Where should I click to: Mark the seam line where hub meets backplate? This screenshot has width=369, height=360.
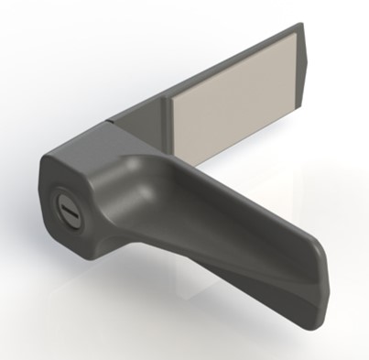click(x=112, y=121)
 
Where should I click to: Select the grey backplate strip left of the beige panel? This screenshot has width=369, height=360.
click(x=147, y=115)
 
